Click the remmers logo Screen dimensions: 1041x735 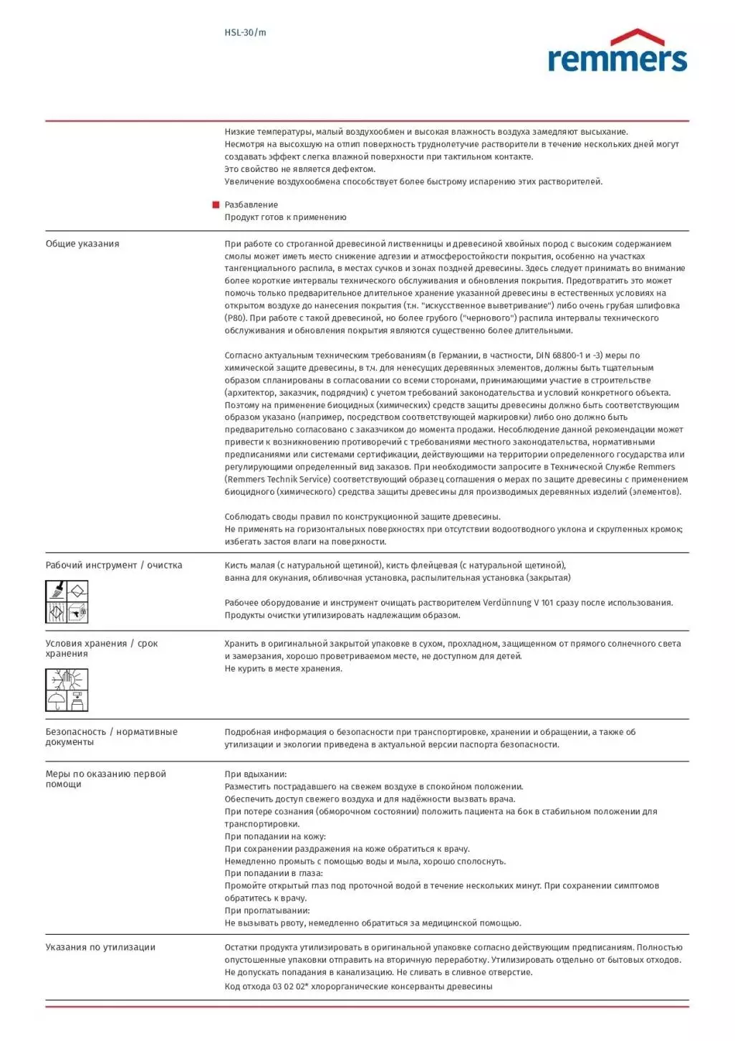pos(617,52)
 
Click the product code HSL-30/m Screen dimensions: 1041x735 pos(245,32)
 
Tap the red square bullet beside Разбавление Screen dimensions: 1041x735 pos(216,205)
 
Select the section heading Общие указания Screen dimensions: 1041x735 pos(82,244)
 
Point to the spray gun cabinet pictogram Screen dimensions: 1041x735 pos(77,612)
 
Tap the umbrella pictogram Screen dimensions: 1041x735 pos(56,700)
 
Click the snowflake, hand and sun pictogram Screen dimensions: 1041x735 pos(67,679)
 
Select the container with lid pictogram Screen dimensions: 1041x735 pos(77,700)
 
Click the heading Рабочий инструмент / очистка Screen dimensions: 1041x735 pos(114,565)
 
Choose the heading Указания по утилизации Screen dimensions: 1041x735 pos(100,947)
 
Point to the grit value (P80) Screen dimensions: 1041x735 pos(236,318)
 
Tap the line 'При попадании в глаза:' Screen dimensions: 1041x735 pos(274,873)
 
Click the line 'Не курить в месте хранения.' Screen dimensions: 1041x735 pos(284,669)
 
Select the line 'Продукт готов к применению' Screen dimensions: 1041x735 pos(285,217)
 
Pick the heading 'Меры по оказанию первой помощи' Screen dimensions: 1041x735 pos(105,779)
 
